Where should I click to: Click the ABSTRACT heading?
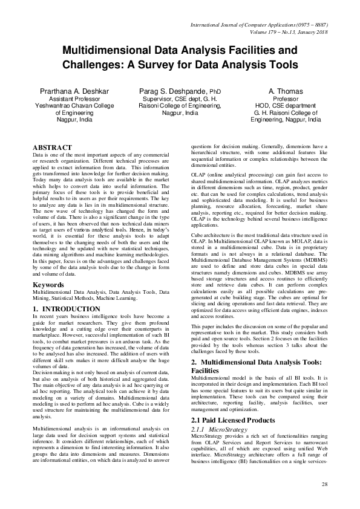pos(53,148)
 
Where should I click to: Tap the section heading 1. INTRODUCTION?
pos(67,310)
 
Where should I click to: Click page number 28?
pos(324,484)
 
